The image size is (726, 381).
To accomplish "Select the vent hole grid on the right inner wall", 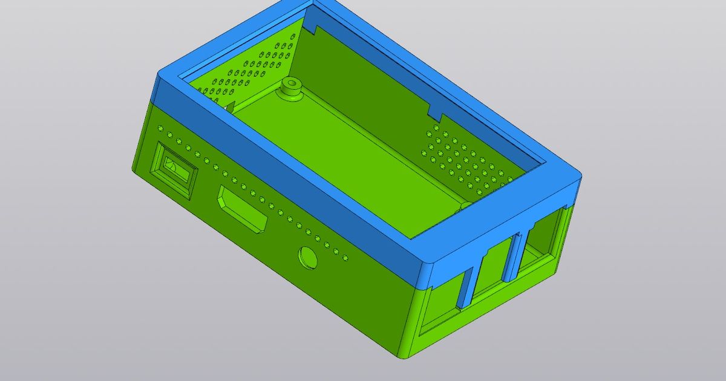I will coord(466,160).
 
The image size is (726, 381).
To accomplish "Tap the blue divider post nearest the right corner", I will coord(515,257).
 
